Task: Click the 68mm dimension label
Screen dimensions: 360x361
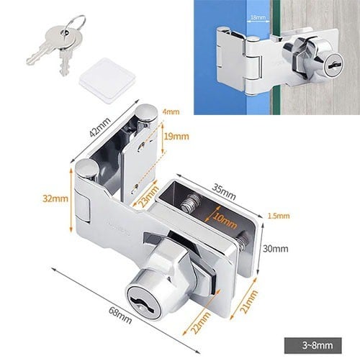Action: point(120,315)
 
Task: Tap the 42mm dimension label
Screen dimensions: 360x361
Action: point(100,127)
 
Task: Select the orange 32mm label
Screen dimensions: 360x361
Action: point(55,198)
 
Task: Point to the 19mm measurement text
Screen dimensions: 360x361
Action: point(176,137)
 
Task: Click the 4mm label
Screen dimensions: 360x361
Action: point(171,111)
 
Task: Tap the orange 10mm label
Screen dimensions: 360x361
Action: point(225,221)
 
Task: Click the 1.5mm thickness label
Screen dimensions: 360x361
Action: point(279,216)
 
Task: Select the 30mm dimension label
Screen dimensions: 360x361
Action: point(276,249)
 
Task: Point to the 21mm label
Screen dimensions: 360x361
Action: point(249,302)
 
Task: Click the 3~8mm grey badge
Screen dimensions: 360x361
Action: point(313,345)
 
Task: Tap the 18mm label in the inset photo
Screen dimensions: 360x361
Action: point(258,17)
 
